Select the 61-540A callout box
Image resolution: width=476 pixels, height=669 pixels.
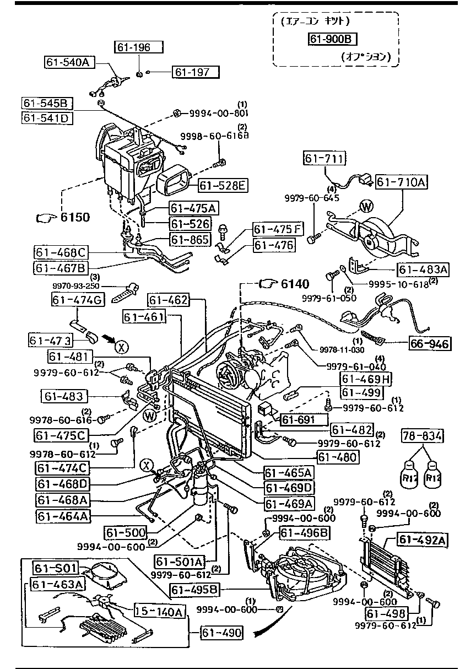click(x=69, y=62)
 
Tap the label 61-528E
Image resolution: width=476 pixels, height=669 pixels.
click(x=222, y=186)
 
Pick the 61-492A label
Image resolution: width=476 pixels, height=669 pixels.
click(x=424, y=540)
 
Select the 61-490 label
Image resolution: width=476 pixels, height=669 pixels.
click(x=221, y=633)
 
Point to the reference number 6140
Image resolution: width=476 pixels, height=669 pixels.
click(x=295, y=283)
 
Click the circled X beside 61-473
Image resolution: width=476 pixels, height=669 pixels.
click(x=121, y=346)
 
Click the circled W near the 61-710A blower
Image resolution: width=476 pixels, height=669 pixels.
click(x=366, y=206)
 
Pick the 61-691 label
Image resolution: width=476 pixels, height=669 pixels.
click(x=298, y=420)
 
